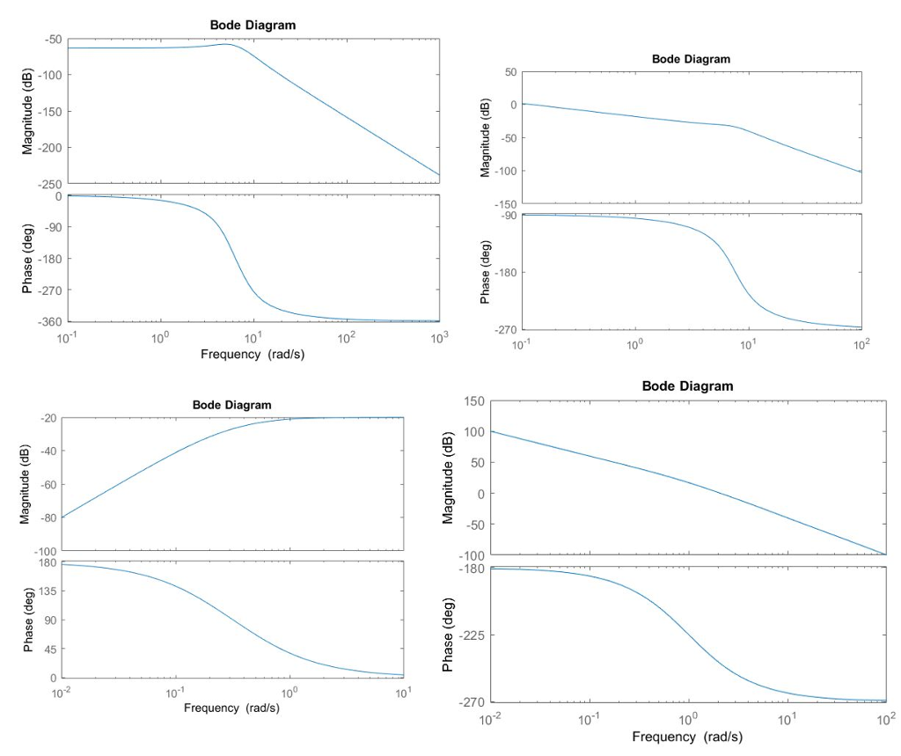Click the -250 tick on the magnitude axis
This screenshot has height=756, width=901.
click(50, 183)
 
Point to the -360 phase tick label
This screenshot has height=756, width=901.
click(48, 321)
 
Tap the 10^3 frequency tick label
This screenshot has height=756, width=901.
click(439, 337)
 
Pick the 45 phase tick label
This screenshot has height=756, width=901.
click(47, 650)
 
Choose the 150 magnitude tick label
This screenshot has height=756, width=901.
click(473, 401)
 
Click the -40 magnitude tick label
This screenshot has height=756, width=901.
click(45, 451)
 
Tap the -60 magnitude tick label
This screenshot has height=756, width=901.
click(45, 485)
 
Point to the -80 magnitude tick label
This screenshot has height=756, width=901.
click(45, 517)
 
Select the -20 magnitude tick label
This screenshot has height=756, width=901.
click(45, 418)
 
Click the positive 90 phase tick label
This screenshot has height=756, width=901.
click(47, 620)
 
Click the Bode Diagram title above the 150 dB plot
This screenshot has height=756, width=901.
click(687, 385)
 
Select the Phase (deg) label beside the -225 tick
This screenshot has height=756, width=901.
click(448, 635)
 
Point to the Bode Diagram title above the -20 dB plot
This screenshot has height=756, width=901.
click(231, 404)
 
